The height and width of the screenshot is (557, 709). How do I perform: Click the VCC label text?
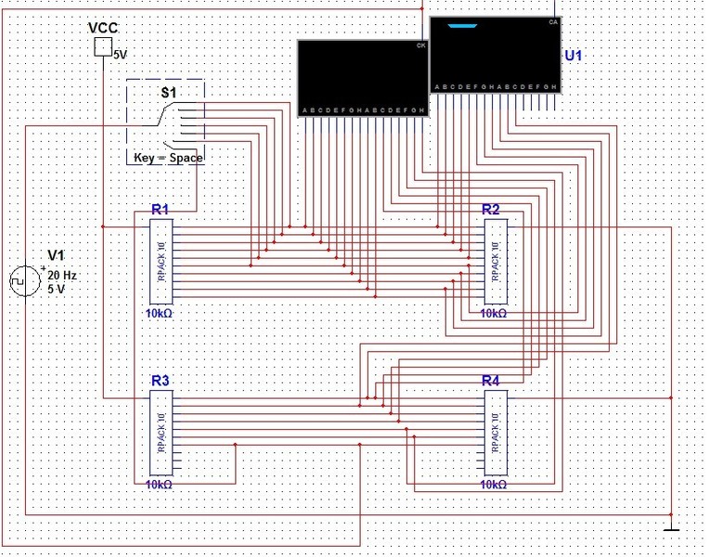(102, 27)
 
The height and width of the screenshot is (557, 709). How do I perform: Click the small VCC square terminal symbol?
(104, 46)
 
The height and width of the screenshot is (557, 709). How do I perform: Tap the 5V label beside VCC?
(121, 55)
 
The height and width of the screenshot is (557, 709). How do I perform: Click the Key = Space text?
(168, 158)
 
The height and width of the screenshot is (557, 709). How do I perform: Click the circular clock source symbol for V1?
(21, 280)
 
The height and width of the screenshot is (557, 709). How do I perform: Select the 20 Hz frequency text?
(61, 276)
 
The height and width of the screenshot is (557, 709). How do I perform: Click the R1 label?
(160, 210)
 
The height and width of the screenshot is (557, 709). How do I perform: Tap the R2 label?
(491, 210)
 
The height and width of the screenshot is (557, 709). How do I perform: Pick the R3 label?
(160, 381)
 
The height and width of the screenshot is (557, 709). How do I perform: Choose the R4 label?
(491, 381)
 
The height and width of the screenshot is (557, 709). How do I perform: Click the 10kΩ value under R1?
(159, 314)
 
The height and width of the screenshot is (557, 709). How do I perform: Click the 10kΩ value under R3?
(159, 485)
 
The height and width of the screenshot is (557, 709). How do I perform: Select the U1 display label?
(574, 56)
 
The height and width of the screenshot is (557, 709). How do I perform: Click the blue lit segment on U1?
(460, 26)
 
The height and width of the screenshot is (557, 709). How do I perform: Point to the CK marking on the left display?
(421, 45)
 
